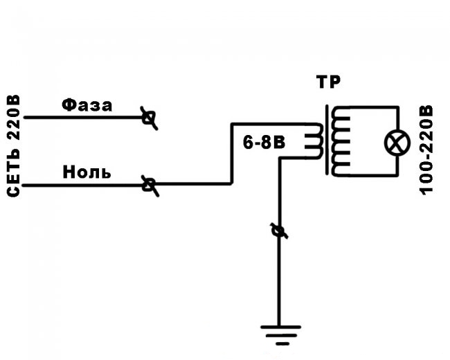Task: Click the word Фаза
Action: click(87, 105)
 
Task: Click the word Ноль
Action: click(87, 172)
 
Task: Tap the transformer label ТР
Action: click(328, 82)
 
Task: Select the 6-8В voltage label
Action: click(264, 142)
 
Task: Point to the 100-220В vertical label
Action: click(426, 150)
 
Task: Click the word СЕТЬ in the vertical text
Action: click(13, 173)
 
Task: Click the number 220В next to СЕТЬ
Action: click(13, 117)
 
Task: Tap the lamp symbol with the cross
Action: click(397, 143)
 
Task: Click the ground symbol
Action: click(280, 335)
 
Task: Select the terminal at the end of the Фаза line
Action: click(149, 118)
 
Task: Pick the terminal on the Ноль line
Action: click(150, 185)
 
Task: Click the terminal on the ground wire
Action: click(279, 231)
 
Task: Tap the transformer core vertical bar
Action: click(327, 140)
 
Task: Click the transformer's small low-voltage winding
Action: click(314, 141)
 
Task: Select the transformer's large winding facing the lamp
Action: click(341, 141)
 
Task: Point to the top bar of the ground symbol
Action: click(280, 327)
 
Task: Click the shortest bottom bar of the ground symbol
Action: click(282, 343)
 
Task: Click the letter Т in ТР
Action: click(322, 82)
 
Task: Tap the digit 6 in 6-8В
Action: click(248, 142)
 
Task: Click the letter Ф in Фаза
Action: click(69, 105)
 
